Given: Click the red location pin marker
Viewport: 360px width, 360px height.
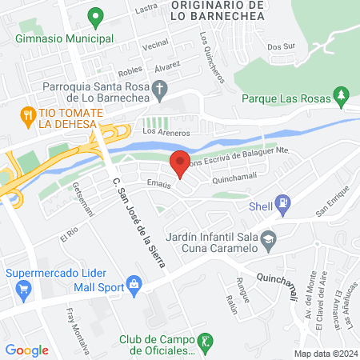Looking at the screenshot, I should pos(180,163).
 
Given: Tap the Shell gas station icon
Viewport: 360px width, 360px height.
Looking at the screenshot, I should pos(282,203).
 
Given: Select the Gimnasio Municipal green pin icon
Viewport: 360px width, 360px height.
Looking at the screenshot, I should pos(95,15).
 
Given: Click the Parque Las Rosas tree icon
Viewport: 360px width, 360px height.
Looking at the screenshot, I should pos(342,97).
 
